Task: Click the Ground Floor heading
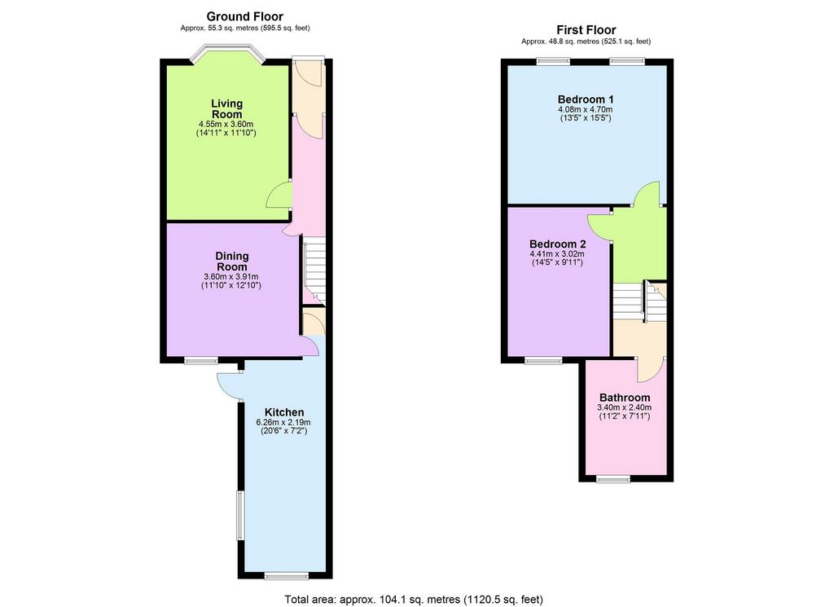pyautogui.click(x=244, y=16)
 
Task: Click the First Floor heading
pyautogui.click(x=586, y=30)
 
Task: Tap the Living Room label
pyautogui.click(x=227, y=108)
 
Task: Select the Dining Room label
pyautogui.click(x=232, y=262)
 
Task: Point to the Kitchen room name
pyautogui.click(x=284, y=412)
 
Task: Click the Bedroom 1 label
pyautogui.click(x=586, y=99)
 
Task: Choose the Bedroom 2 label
pyautogui.click(x=557, y=244)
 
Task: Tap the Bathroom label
pyautogui.click(x=625, y=398)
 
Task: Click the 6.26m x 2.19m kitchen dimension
pyautogui.click(x=283, y=422)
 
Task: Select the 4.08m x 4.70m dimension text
pyautogui.click(x=586, y=110)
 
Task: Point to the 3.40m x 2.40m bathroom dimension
pyautogui.click(x=625, y=408)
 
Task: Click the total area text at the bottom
pyautogui.click(x=414, y=600)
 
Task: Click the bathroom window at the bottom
pyautogui.click(x=613, y=479)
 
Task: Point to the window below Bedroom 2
pyautogui.click(x=543, y=361)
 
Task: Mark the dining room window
pyautogui.click(x=201, y=361)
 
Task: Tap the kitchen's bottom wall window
pyautogui.click(x=287, y=576)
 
